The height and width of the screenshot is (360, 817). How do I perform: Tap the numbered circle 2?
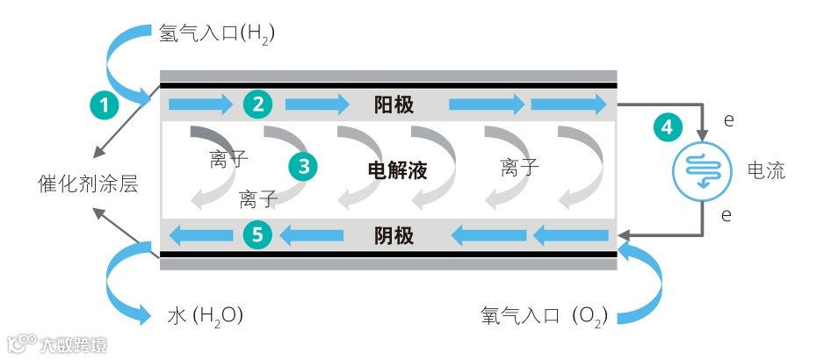tap(258, 104)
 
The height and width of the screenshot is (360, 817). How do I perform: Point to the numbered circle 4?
tap(668, 126)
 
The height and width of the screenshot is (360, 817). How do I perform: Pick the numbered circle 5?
tap(258, 234)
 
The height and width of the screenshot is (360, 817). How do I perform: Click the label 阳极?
tap(394, 105)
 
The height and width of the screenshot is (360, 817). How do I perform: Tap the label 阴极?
tap(394, 234)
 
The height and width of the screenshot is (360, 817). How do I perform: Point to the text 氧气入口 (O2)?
tap(544, 313)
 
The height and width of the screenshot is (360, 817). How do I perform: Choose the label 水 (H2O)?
tap(205, 313)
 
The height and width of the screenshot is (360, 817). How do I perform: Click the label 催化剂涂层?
tap(88, 184)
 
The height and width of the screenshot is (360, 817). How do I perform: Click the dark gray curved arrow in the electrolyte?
tap(212, 140)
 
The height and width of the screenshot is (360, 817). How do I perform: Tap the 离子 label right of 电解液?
tap(520, 167)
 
